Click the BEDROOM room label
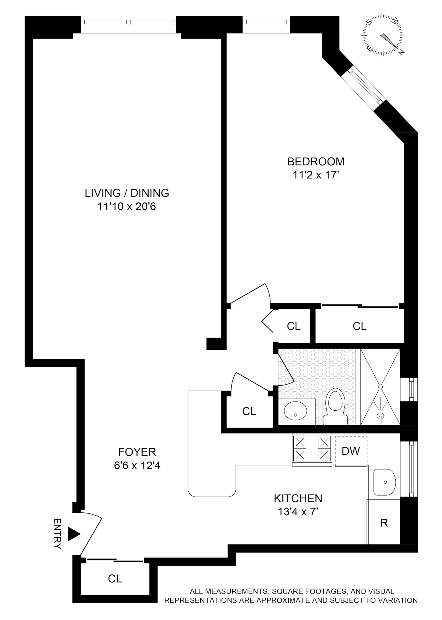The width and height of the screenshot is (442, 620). pyautogui.click(x=316, y=162)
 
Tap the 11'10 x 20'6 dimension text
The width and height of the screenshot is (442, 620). pyautogui.click(x=127, y=206)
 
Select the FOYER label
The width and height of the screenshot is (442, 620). pyautogui.click(x=137, y=452)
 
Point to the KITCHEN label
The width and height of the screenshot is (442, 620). pyautogui.click(x=298, y=498)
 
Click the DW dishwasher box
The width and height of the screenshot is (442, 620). pyautogui.click(x=351, y=451)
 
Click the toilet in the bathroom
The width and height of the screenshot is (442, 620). pyautogui.click(x=335, y=408)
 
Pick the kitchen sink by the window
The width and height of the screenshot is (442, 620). pyautogui.click(x=384, y=482)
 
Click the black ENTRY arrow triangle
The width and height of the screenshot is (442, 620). pyautogui.click(x=73, y=534)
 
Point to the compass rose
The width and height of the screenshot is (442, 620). pyautogui.click(x=383, y=36)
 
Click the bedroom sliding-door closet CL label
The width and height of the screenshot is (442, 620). pyautogui.click(x=359, y=326)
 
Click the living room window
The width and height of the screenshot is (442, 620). pyautogui.click(x=128, y=22)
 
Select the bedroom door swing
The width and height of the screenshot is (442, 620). pyautogui.click(x=250, y=295)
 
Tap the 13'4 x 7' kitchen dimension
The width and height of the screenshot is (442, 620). pyautogui.click(x=298, y=512)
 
